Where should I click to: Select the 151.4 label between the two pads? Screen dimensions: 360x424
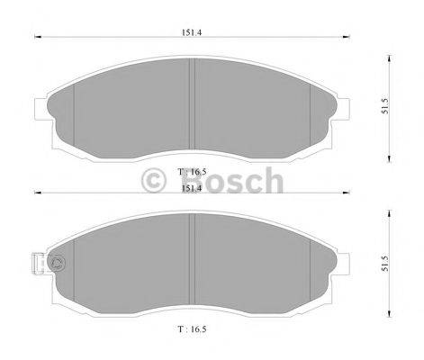tap(190, 188)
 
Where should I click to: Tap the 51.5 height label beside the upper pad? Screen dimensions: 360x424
tap(385, 104)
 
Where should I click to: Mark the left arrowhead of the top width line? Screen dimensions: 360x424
tap(36, 37)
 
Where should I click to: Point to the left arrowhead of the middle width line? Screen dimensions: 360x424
tap(36, 193)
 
